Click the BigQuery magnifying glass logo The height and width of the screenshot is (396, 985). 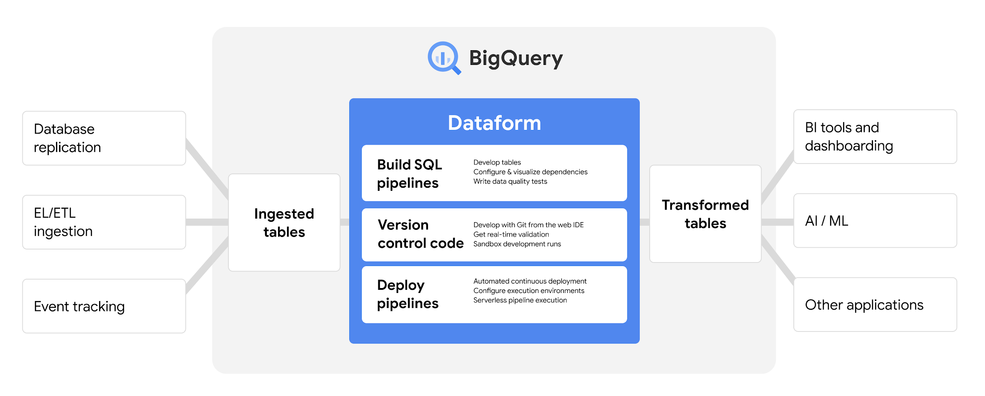click(x=444, y=58)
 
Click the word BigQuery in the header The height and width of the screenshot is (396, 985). click(x=515, y=58)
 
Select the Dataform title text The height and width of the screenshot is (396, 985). click(x=494, y=123)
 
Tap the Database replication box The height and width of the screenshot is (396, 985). click(x=104, y=138)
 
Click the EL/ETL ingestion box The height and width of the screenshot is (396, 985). click(x=104, y=222)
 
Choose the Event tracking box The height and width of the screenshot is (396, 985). click(x=104, y=306)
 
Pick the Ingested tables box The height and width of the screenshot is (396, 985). click(x=284, y=223)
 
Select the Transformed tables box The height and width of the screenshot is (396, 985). click(x=705, y=214)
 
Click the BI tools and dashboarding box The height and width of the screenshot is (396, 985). click(x=875, y=137)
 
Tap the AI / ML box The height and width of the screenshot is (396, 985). click(x=875, y=220)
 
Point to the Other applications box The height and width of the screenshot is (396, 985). click(x=875, y=305)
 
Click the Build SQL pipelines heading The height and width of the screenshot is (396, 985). click(x=409, y=174)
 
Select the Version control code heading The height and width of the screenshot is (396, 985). click(x=420, y=234)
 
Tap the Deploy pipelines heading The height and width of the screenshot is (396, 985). click(x=407, y=294)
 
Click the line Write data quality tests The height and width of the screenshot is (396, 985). click(x=510, y=181)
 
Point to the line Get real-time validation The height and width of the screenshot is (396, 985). click(x=511, y=234)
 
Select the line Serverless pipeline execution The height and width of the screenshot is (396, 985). click(x=520, y=300)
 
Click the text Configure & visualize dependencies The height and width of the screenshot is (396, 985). click(x=530, y=172)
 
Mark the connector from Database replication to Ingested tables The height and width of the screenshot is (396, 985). click(x=207, y=168)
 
